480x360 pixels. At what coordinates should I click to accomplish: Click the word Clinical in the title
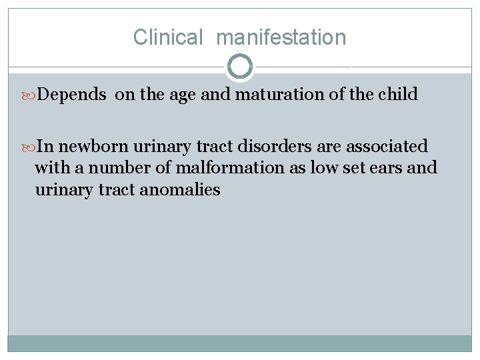[x=167, y=37]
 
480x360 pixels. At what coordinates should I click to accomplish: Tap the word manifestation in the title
[x=281, y=37]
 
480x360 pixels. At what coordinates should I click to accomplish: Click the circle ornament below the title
[x=240, y=67]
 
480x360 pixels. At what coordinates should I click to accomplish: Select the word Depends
[x=72, y=95]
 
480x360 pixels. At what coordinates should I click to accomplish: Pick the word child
[x=398, y=95]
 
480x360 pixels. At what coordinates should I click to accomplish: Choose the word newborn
[x=91, y=146]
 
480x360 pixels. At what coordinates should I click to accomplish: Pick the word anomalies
[x=181, y=190]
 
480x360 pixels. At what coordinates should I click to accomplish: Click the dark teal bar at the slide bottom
[x=240, y=343]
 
